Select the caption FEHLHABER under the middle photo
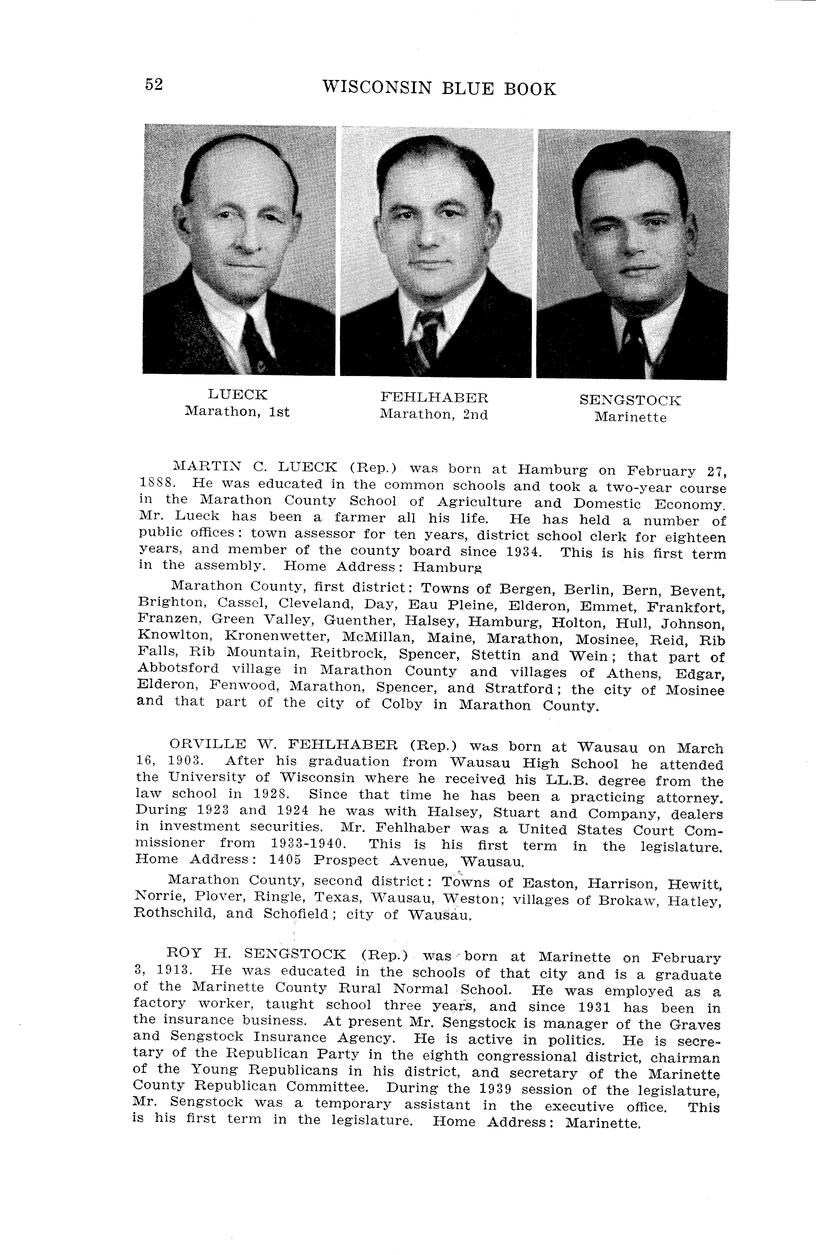[x=434, y=397]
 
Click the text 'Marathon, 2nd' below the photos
[x=434, y=415]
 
